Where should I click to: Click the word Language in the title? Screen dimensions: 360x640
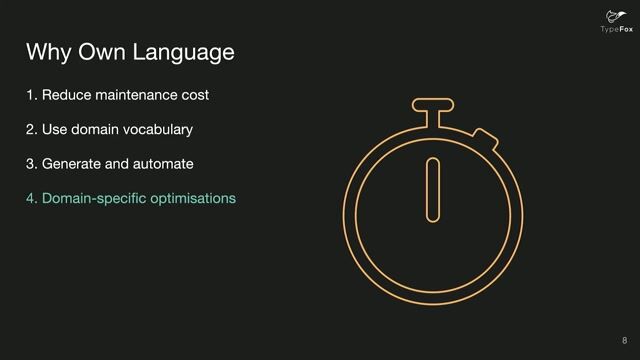click(188, 52)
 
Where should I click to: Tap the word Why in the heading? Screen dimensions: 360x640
click(46, 51)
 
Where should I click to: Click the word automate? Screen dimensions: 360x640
click(164, 163)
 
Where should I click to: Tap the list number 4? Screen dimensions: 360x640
click(31, 198)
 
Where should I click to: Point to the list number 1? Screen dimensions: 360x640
click(30, 96)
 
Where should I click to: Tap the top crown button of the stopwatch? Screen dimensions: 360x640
click(433, 107)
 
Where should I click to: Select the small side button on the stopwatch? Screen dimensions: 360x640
click(485, 138)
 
